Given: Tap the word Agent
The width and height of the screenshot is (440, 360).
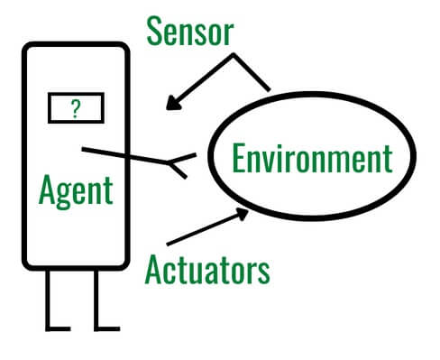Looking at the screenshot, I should (x=77, y=190).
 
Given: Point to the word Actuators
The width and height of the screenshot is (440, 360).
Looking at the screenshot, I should (x=206, y=267).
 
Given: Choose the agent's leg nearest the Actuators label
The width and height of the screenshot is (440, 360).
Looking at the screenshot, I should (x=97, y=300).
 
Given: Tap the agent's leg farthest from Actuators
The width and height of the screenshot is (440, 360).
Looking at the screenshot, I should (x=50, y=300).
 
